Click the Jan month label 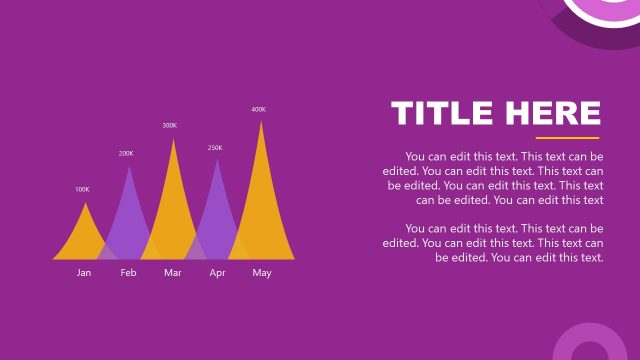(x=84, y=273)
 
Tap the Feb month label (x=128, y=273)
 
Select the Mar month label (x=173, y=273)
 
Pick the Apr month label (x=217, y=273)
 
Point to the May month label (x=262, y=273)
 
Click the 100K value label (x=82, y=189)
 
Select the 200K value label (x=126, y=154)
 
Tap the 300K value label (x=170, y=125)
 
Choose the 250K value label (x=215, y=148)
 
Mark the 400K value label (x=259, y=109)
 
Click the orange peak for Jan (x=85, y=235)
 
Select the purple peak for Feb (x=129, y=210)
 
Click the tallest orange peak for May (x=262, y=190)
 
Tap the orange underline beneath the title (x=567, y=137)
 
